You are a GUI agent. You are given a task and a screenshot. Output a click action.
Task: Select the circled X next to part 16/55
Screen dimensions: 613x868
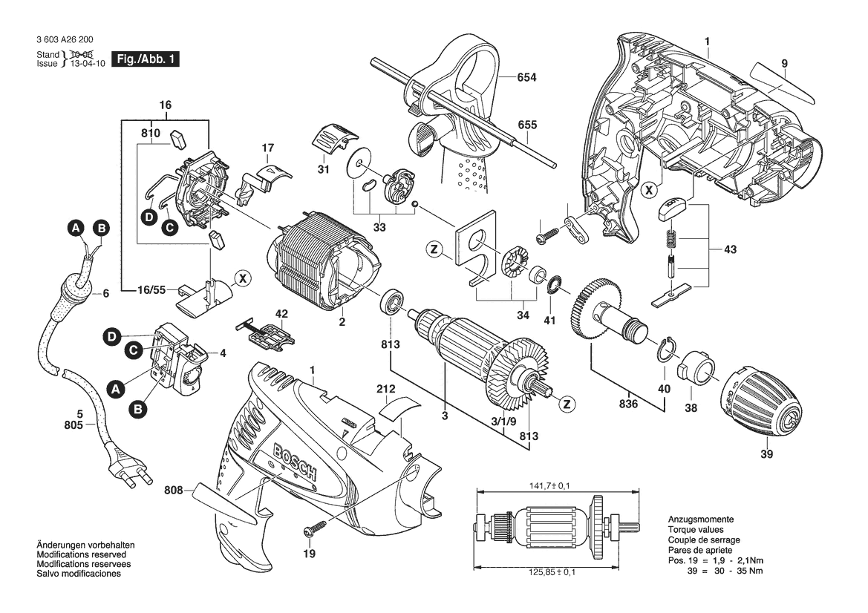click(x=242, y=279)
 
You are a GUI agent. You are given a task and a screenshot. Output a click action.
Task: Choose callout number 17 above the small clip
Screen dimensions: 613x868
click(x=268, y=149)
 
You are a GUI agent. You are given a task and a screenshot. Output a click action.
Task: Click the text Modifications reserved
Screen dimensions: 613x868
click(x=81, y=554)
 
